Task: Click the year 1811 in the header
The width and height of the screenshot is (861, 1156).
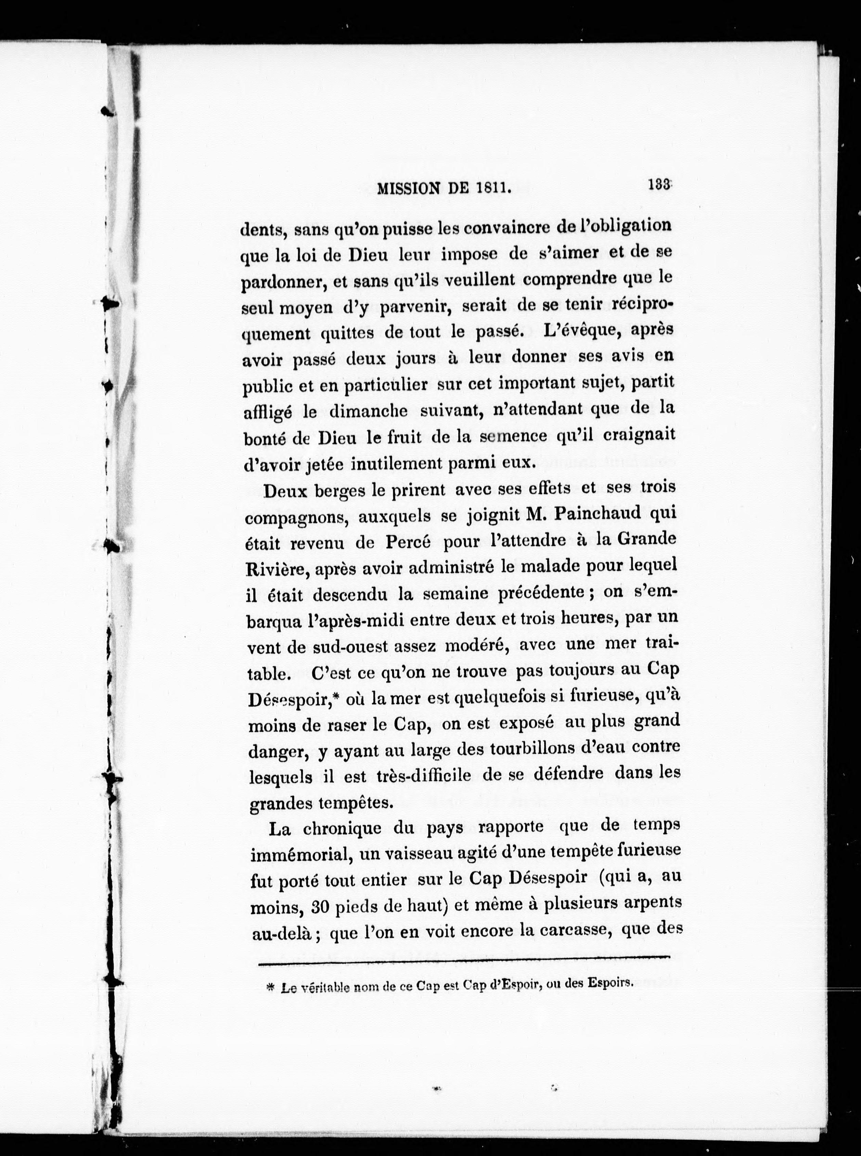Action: point(491,188)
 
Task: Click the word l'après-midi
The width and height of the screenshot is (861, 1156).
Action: point(356,621)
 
